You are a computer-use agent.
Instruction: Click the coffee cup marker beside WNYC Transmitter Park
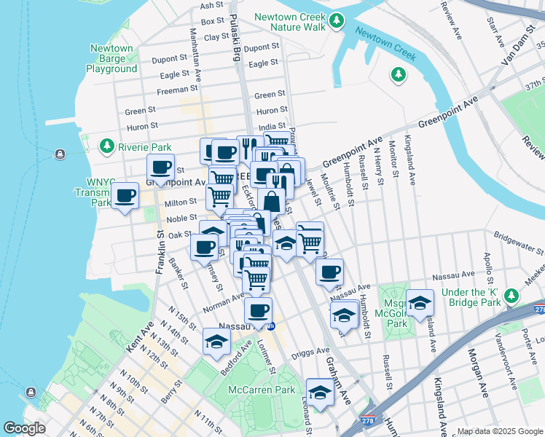point(125,196)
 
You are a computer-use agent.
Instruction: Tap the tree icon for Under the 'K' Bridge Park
point(512,296)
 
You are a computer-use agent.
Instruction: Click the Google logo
point(24,428)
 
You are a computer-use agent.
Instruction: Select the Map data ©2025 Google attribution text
point(499,431)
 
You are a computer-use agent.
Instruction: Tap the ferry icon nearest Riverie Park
point(59,154)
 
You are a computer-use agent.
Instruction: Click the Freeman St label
point(173,91)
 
